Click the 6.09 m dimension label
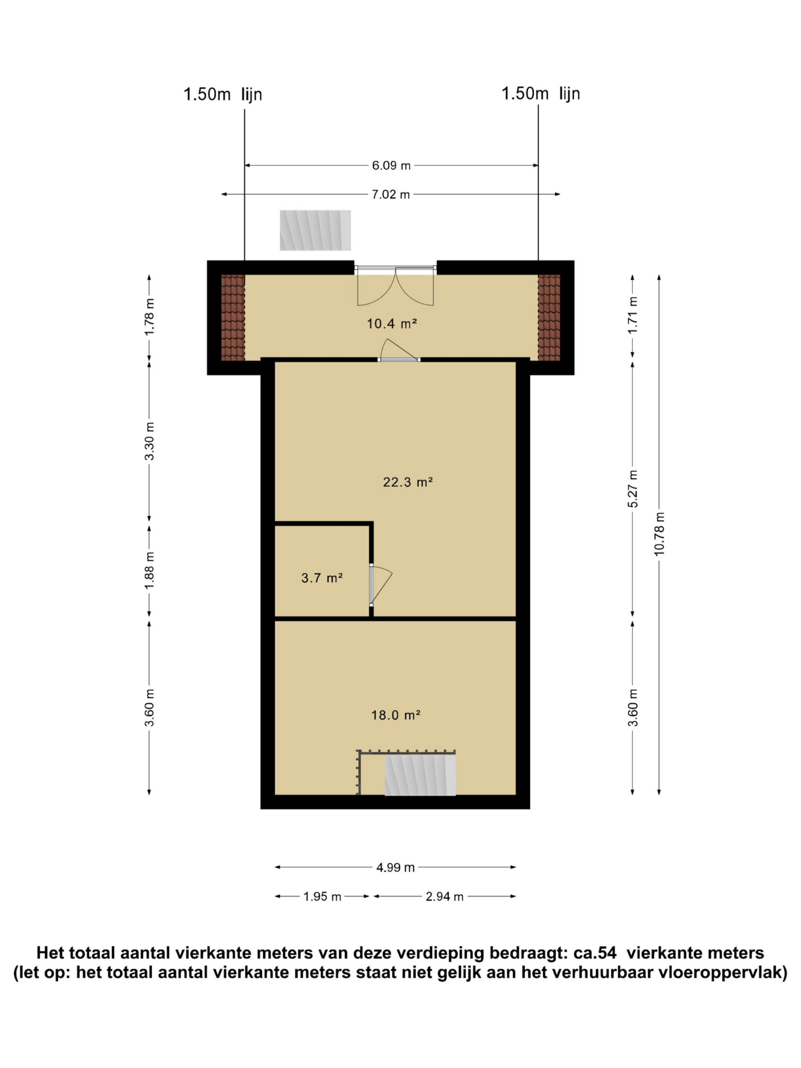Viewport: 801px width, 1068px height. point(391,166)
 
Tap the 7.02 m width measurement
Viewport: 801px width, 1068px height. point(390,194)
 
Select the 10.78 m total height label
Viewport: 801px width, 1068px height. point(660,534)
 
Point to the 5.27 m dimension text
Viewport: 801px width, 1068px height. point(633,488)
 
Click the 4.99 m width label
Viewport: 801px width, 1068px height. point(395,868)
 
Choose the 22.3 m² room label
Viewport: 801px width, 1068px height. point(408,482)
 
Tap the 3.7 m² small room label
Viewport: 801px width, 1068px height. point(322,577)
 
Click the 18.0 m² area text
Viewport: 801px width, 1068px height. point(395,715)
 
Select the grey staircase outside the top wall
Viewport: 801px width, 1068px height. point(315,230)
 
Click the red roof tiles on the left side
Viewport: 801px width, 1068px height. point(233,317)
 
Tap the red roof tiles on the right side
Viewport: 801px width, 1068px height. point(549,317)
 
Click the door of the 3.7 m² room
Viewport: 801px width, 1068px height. point(381,585)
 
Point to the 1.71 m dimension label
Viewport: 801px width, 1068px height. point(633,315)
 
